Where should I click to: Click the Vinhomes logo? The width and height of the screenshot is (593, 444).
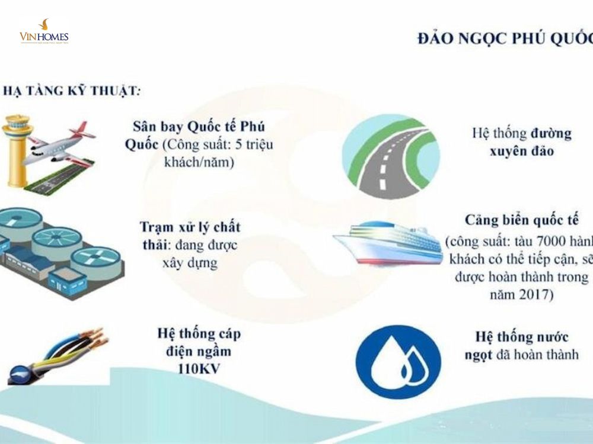pyautogui.click(x=44, y=33)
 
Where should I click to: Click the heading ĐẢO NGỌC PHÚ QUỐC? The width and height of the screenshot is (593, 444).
pyautogui.click(x=505, y=39)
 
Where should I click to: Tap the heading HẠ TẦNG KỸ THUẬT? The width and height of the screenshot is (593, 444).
pyautogui.click(x=71, y=92)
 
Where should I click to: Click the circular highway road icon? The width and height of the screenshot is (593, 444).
pyautogui.click(x=391, y=156)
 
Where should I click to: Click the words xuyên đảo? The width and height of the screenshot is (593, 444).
pyautogui.click(x=521, y=151)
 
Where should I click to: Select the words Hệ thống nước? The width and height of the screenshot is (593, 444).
pyautogui.click(x=521, y=337)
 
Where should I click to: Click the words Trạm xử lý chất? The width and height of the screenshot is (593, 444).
pyautogui.click(x=190, y=227)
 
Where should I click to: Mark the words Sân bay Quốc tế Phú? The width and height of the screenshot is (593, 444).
pyautogui.click(x=199, y=127)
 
